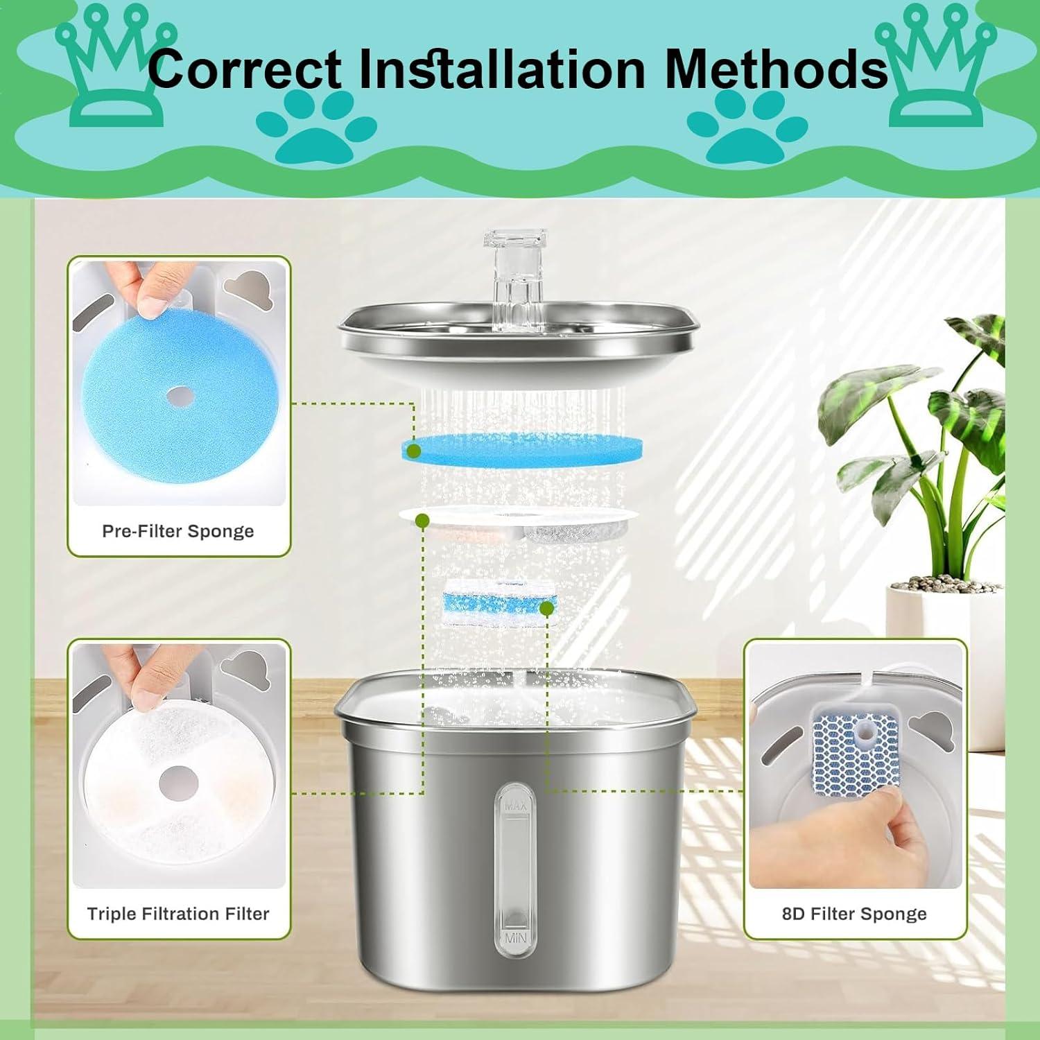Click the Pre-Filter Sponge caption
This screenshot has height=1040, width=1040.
pos(177,531)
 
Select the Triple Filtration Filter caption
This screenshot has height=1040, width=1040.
pos(177,914)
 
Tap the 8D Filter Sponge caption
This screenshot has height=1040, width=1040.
pos(854,914)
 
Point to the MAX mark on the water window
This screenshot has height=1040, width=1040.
pos(515,806)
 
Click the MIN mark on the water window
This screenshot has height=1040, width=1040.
pos(515,938)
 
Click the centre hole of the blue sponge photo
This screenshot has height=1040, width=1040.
pos(180,397)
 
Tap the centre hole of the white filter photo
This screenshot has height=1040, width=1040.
pos(178,784)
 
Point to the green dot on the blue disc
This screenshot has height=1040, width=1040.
pos(414,451)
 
